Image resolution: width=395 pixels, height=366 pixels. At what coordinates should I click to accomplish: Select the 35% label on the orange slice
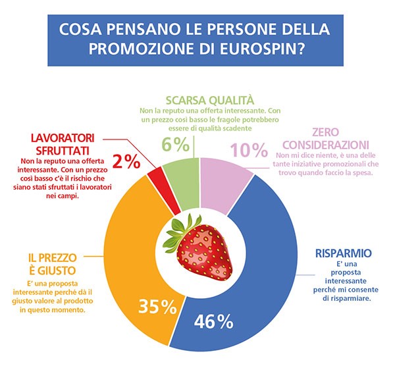click(156, 307)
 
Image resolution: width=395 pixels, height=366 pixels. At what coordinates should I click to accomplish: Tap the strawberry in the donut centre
click(197, 252)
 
